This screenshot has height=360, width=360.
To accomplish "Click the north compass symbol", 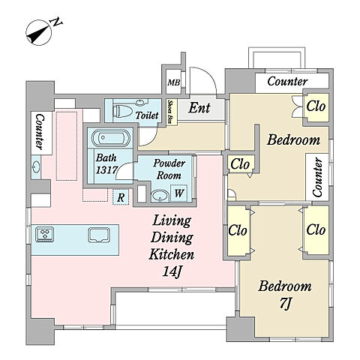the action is tap(39, 33).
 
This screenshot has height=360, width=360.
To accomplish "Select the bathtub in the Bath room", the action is tap(111, 138).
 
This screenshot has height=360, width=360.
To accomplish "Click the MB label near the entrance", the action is tap(173, 82).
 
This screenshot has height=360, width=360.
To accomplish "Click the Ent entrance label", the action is tap(199, 108).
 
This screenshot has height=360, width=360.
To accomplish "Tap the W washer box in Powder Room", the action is tap(179, 193).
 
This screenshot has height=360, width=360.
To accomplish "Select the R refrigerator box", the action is tap(121, 197).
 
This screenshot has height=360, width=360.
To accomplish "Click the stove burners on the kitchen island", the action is tap(45, 235).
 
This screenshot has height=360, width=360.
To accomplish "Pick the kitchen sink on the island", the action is tap(99, 235).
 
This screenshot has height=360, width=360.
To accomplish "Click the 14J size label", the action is tap(172, 271).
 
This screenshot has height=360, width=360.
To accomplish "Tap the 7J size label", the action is tap(285, 304).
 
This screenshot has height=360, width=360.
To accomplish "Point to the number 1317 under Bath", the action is tap(106, 170).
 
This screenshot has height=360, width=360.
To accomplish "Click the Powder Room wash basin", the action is tap(160, 196).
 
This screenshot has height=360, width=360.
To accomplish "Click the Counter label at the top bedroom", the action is tap(287, 81).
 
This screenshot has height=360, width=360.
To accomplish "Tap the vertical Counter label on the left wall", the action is tap(39, 132).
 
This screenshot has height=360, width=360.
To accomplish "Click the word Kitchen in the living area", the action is tap(172, 254).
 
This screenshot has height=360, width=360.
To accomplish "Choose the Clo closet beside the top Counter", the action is tap(316, 106).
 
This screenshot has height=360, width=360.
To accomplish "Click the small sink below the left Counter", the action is tap(36, 167).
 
